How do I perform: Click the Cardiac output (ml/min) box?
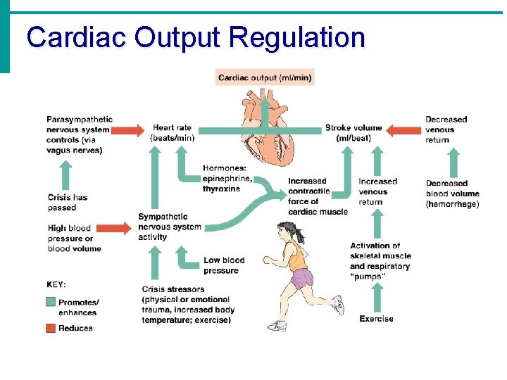pyautogui.click(x=264, y=77)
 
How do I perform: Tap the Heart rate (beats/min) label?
pyautogui.click(x=173, y=132)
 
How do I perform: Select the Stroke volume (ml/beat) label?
pyautogui.click(x=353, y=132)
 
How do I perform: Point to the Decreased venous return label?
pyautogui.click(x=446, y=129)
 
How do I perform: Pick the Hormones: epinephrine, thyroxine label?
pyautogui.click(x=227, y=178)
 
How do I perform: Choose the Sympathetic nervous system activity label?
pyautogui.click(x=169, y=227)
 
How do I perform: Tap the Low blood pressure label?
pyautogui.click(x=224, y=265)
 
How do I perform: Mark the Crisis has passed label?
pyautogui.click(x=68, y=202)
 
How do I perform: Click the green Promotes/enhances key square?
pyautogui.click(x=51, y=302)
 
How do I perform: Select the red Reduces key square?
pyautogui.click(x=51, y=327)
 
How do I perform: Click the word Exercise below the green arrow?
pyautogui.click(x=376, y=319)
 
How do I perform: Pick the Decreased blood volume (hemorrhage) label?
pyautogui.click(x=452, y=194)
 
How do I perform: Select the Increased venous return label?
pyautogui.click(x=377, y=191)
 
